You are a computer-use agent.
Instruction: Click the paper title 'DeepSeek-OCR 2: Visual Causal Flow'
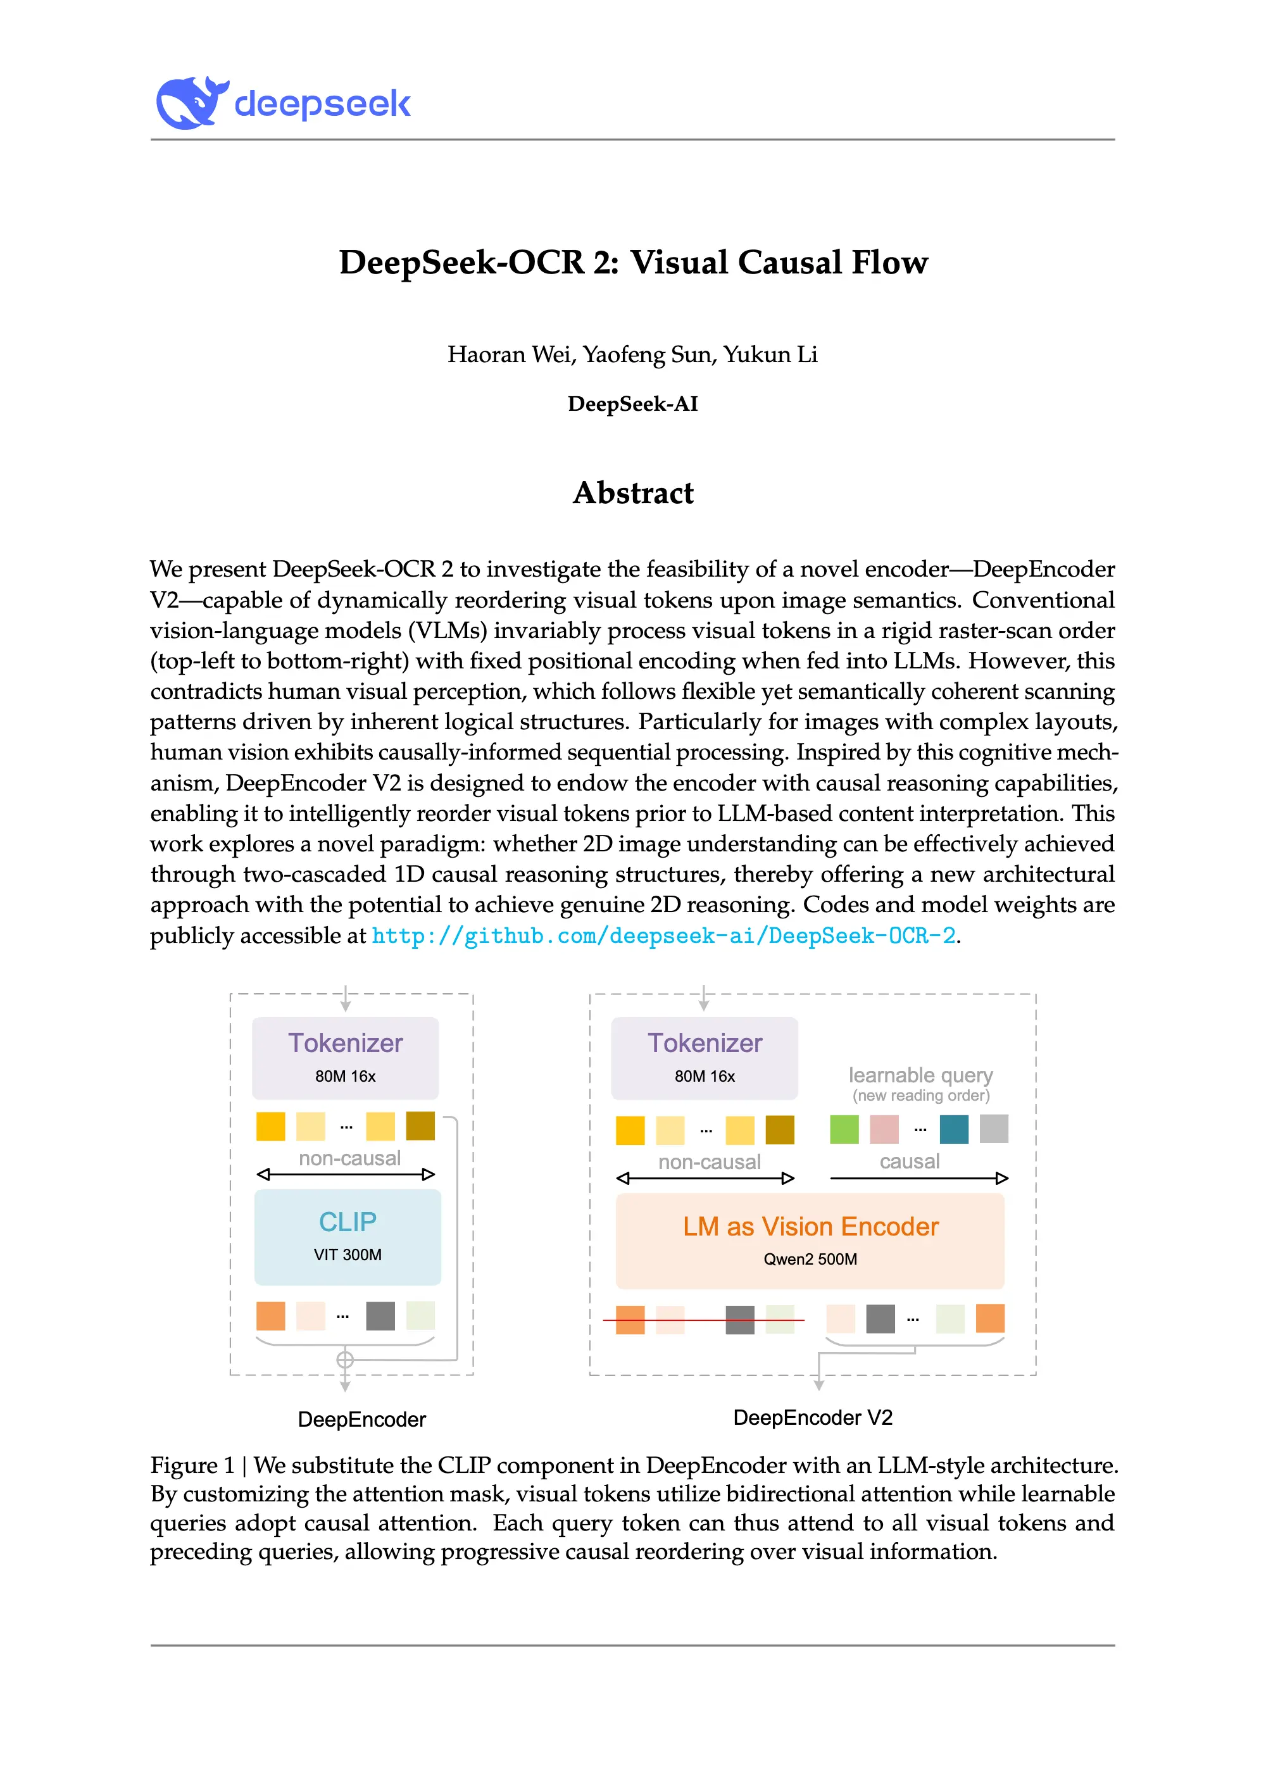(633, 263)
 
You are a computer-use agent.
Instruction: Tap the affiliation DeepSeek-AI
(633, 404)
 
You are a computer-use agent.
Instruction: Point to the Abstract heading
(633, 492)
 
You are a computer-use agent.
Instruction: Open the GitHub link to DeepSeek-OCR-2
(663, 936)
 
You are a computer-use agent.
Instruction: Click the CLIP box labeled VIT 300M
(348, 1236)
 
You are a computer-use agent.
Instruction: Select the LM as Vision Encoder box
(810, 1239)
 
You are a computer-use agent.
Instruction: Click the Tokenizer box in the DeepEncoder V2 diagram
(705, 1058)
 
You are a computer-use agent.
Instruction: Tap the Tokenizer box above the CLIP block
(346, 1058)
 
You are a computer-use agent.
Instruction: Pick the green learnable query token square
(844, 1129)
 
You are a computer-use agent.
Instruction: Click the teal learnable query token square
(954, 1129)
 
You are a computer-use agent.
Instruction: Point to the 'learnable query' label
(920, 1075)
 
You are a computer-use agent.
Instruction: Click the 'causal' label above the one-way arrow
(910, 1161)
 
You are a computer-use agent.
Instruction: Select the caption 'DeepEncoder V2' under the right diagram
(813, 1417)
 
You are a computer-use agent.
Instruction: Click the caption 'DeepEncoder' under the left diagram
(361, 1419)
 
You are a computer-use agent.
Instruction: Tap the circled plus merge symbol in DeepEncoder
(344, 1360)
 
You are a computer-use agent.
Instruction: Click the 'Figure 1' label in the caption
(192, 1466)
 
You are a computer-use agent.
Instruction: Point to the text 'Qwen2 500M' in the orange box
(810, 1259)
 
